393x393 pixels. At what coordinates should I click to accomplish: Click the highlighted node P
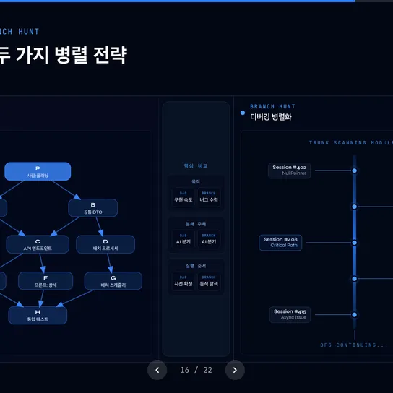[x=38, y=171]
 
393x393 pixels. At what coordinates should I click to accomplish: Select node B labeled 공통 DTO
[x=93, y=208]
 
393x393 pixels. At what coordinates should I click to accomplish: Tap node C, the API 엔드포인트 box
[x=38, y=244]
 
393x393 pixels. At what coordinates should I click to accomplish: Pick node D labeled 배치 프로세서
[x=105, y=244]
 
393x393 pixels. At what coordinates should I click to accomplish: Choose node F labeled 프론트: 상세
[x=46, y=280]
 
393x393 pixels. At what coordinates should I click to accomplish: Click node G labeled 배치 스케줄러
[x=113, y=280]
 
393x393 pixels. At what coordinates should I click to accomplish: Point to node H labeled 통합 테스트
[x=38, y=315]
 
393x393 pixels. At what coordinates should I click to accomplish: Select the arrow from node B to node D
[x=99, y=226]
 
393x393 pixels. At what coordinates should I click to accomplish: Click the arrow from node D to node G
[x=108, y=262]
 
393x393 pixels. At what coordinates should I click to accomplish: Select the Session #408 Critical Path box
[x=280, y=242]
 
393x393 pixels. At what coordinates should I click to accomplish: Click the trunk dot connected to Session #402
[x=354, y=170]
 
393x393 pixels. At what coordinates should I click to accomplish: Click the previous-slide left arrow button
[x=157, y=370]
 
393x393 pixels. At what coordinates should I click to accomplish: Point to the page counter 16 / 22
[x=196, y=370]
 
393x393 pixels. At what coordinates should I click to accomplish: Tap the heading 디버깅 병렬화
[x=271, y=116]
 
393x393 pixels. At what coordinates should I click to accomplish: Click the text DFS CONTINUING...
[x=354, y=345]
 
